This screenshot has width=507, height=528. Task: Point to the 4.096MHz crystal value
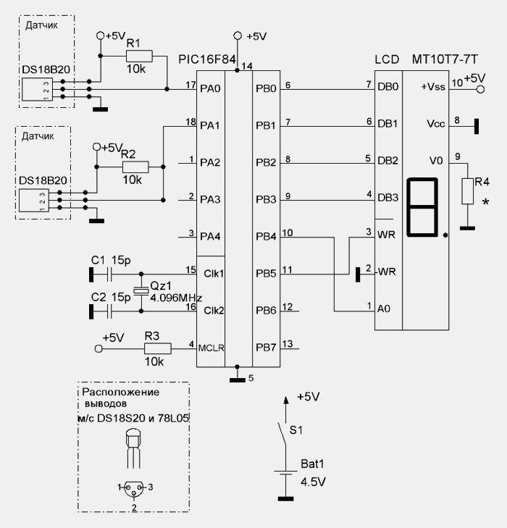(x=176, y=298)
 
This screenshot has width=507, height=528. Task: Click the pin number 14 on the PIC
(x=248, y=67)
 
